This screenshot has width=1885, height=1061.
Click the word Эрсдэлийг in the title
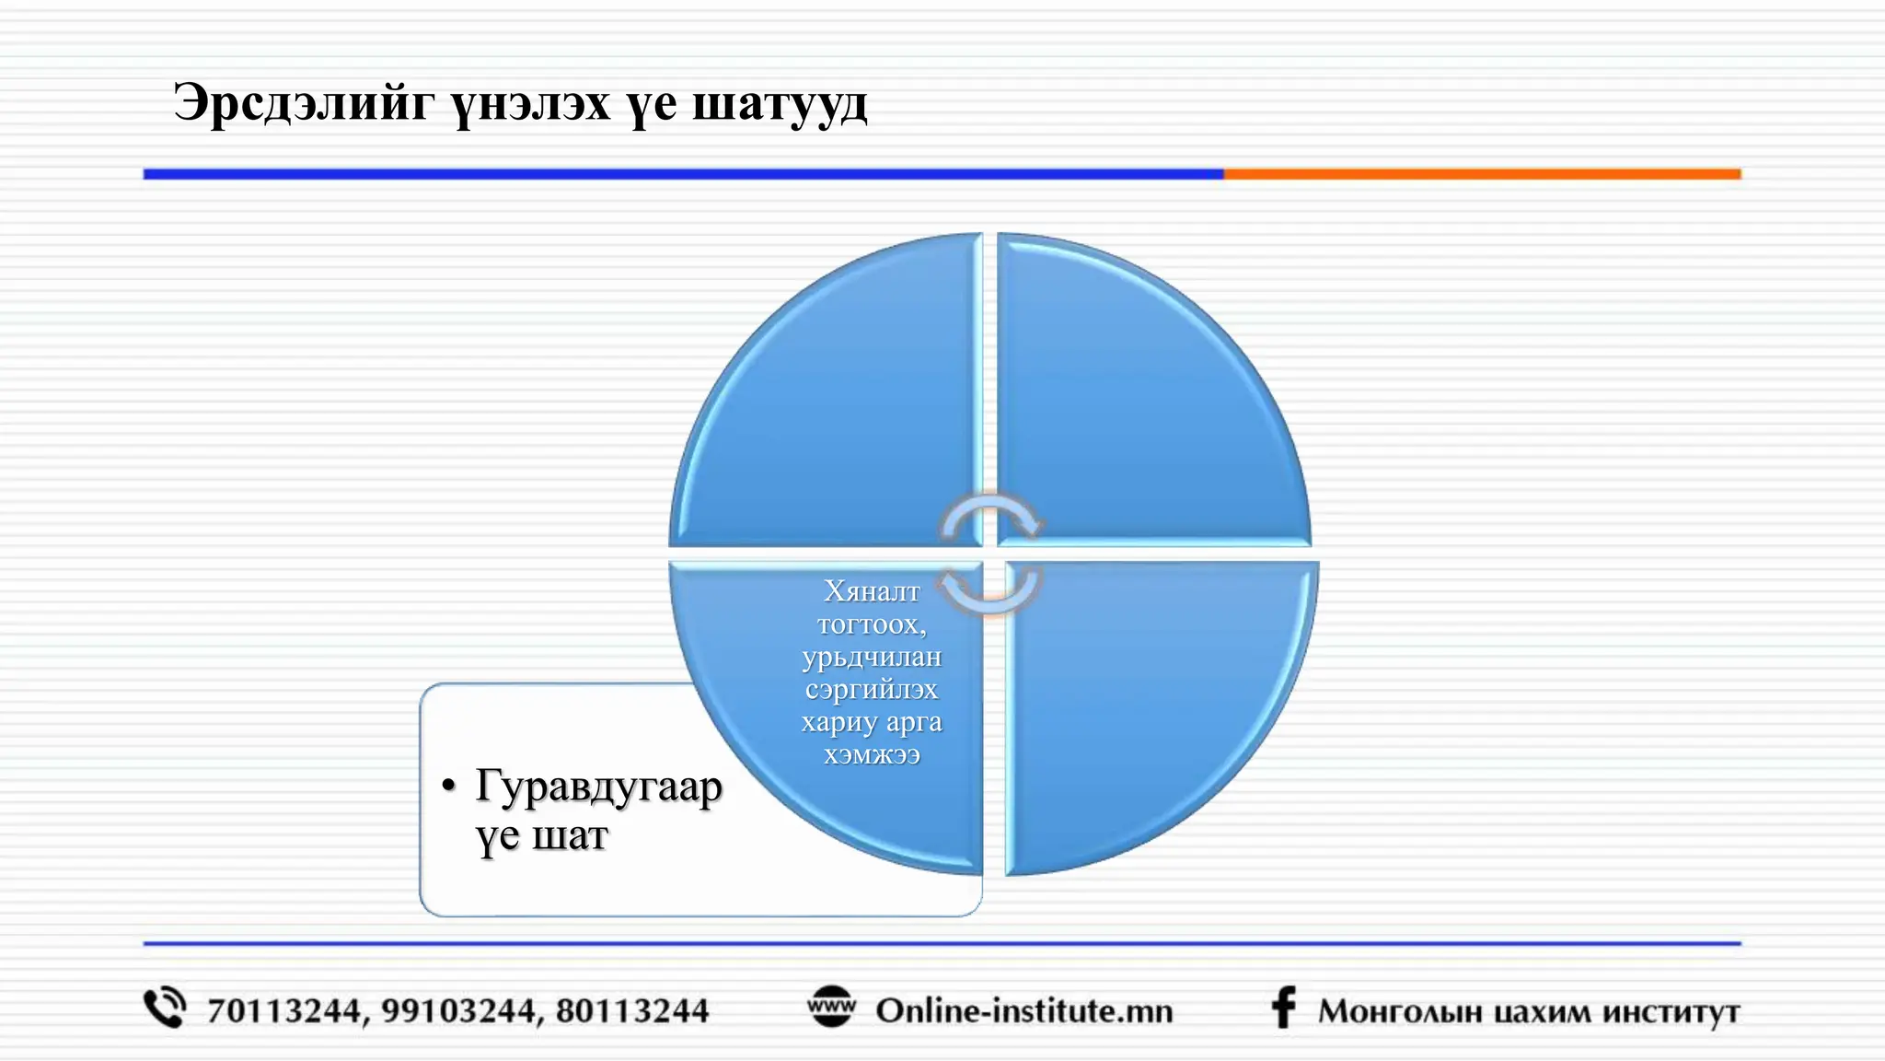[303, 103]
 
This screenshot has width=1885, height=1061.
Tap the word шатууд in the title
[779, 103]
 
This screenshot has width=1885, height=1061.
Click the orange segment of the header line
[1482, 174]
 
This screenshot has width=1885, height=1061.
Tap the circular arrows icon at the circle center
[990, 552]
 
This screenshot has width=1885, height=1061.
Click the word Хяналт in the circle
[871, 591]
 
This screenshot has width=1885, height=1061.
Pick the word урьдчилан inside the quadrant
[871, 657]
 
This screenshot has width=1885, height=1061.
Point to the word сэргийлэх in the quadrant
[871, 689]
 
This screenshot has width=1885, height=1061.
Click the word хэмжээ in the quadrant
[871, 755]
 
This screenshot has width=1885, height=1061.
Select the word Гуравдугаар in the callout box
[598, 788]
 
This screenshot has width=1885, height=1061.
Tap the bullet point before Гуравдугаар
[448, 786]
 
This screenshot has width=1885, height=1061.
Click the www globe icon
[831, 1008]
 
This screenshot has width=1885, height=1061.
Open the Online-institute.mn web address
[1024, 1011]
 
